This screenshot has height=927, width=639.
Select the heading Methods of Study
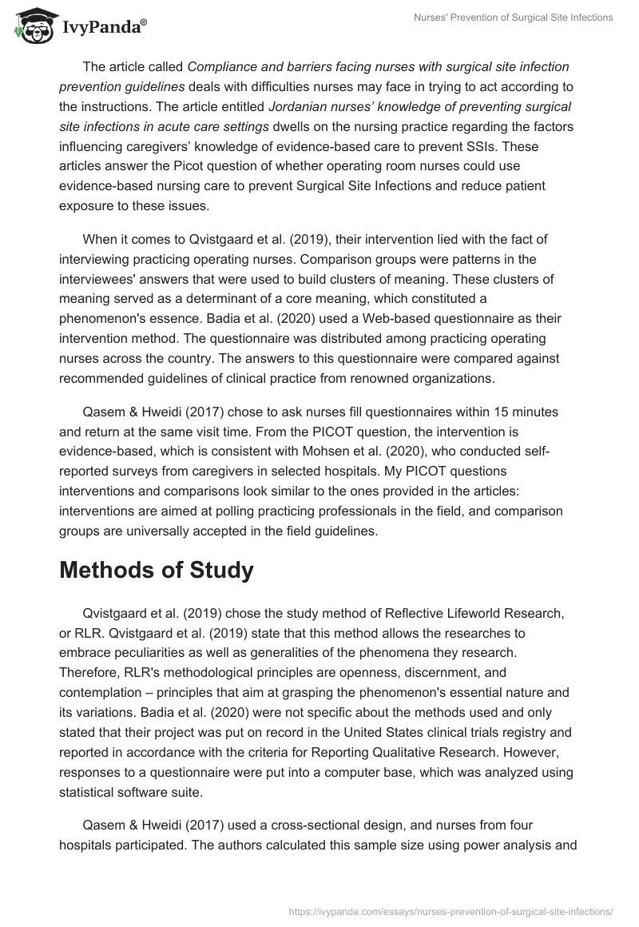157,570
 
